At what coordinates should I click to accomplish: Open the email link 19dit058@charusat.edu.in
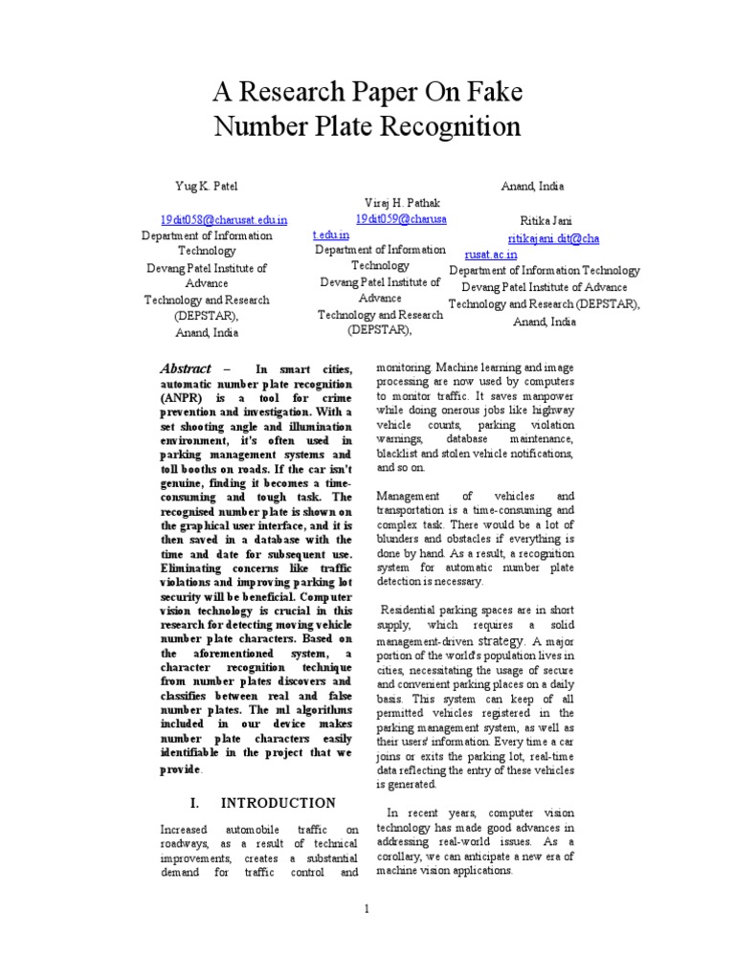224,219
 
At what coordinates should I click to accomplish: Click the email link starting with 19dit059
400,219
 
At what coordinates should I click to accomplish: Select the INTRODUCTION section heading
278,803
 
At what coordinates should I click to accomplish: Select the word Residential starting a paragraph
415,610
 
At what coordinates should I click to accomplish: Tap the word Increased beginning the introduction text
187,829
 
